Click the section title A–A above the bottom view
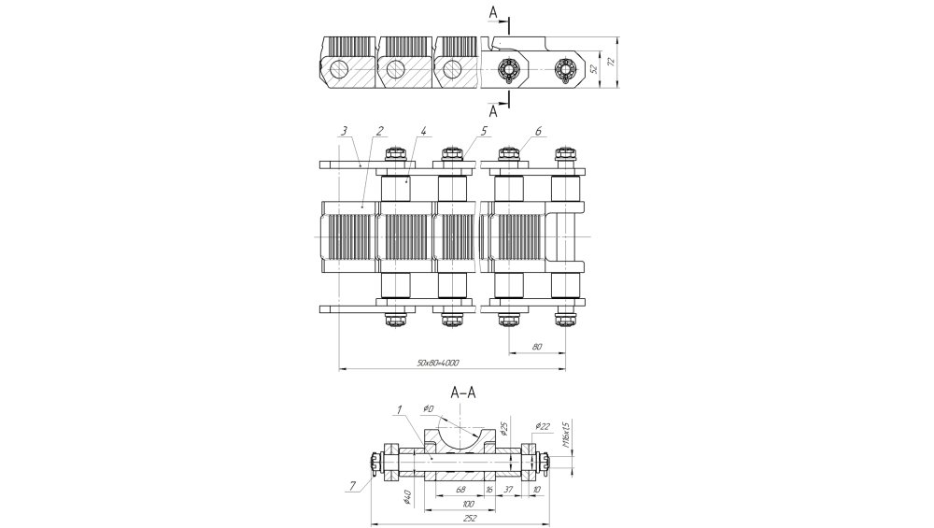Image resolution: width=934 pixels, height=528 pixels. pos(466,392)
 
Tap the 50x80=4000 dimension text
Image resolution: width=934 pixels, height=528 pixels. pos(439,363)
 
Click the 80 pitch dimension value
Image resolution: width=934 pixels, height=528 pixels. pos(537,347)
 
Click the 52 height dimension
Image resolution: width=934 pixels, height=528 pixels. pos(594,67)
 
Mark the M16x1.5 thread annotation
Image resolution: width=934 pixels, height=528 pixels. pos(566,435)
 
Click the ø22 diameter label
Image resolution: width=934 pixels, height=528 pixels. pos(541,426)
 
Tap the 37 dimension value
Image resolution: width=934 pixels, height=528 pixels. pos(508,488)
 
